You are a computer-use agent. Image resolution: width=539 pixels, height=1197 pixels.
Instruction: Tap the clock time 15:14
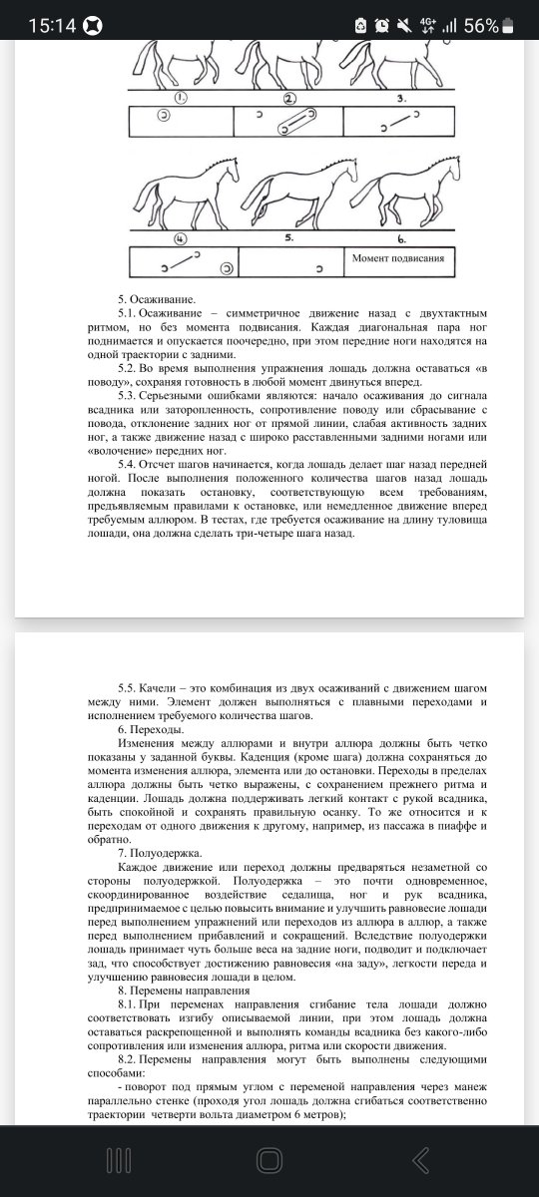point(53,26)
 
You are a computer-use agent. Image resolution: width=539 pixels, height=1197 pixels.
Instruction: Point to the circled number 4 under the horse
point(182,239)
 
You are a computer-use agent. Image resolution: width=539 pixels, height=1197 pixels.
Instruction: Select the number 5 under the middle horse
point(289,239)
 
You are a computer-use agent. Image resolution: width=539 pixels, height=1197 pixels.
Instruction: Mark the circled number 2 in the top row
point(289,98)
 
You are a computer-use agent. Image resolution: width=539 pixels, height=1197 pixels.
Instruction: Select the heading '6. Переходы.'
point(154,730)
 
